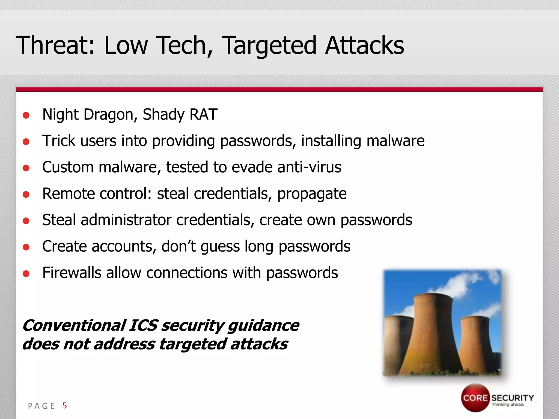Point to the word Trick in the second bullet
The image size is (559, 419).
pos(59,141)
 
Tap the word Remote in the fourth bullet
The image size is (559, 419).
pos(70,193)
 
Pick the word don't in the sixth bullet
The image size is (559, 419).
pos(179,246)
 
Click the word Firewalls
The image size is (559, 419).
pos(72,273)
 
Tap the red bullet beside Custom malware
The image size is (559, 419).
pos(26,168)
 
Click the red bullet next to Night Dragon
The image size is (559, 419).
pos(26,115)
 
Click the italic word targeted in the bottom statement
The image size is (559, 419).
pos(192,344)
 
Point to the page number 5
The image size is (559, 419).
pos(65,406)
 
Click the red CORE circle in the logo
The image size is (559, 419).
pos(475,398)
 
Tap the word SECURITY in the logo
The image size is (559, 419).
pos(513,398)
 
